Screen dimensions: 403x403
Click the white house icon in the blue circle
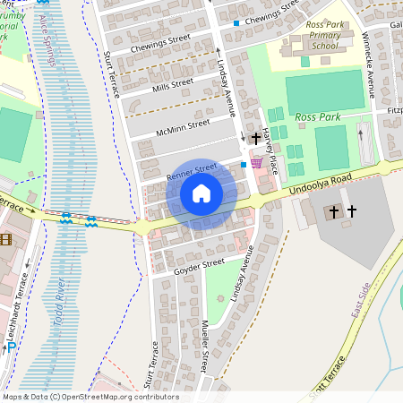pos(201,193)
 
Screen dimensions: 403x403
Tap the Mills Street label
pos(173,85)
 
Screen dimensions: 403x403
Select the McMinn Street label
pos(183,127)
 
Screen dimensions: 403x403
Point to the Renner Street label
pos(191,167)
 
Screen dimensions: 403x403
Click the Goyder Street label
pos(199,264)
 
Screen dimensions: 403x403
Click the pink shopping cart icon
pos(257,162)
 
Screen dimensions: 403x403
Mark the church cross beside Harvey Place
pos(257,139)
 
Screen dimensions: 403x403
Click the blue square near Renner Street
pos(244,165)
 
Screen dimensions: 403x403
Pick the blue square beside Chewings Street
pos(236,23)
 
